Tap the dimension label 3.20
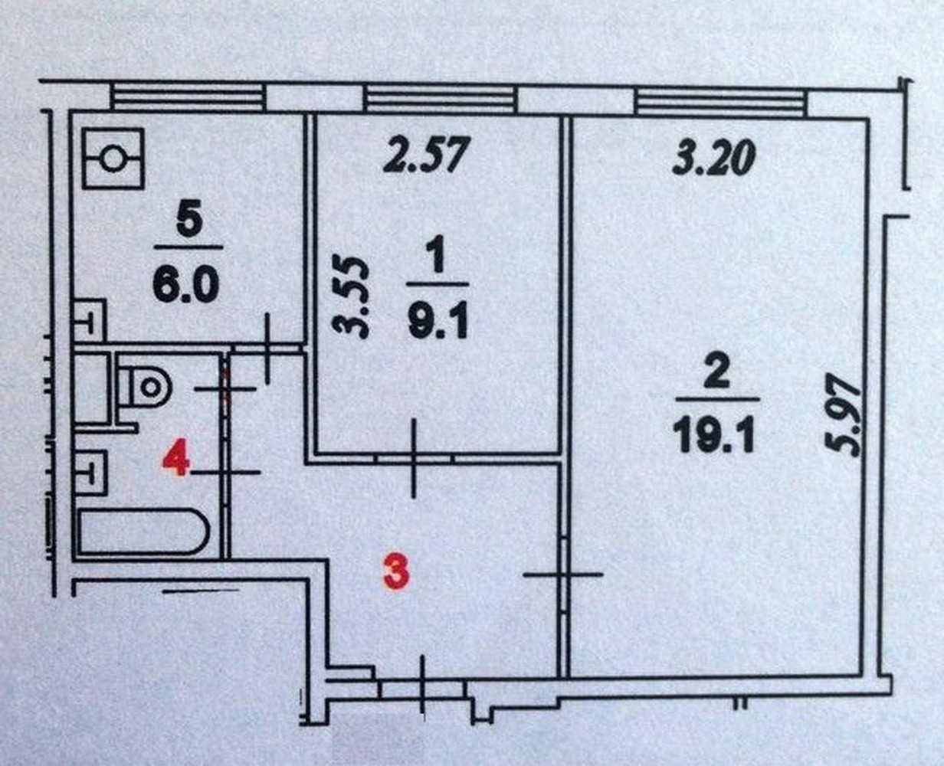[x=713, y=159]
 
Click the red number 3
[x=395, y=573]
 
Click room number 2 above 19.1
[x=716, y=375]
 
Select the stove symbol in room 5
[x=113, y=159]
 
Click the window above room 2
[x=720, y=101]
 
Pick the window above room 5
[x=188, y=97]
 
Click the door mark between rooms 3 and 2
[x=564, y=574]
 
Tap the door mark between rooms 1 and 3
[x=414, y=457]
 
